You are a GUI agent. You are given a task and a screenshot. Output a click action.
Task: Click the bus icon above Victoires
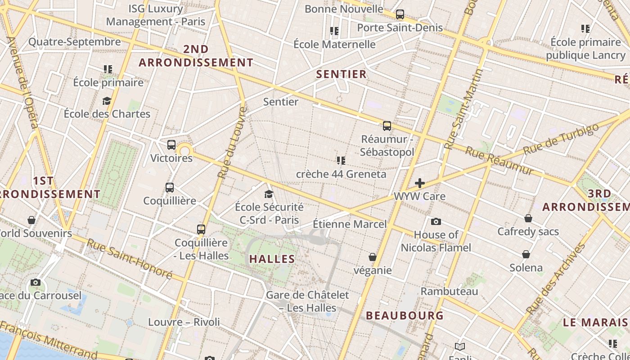pos(171,145)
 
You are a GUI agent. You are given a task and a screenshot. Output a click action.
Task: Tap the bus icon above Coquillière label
pos(170,188)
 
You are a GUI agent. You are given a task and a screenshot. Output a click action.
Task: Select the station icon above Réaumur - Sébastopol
pos(387,126)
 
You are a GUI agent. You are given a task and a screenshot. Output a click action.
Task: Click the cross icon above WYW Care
pos(420,183)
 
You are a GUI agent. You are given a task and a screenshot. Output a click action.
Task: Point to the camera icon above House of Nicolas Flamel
pos(436,221)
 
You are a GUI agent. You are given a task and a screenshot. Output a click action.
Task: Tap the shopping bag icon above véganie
pos(373,257)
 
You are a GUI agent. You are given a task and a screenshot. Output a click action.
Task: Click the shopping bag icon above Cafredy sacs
pos(528,218)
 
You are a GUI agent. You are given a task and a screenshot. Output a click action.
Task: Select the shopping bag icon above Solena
pos(526,254)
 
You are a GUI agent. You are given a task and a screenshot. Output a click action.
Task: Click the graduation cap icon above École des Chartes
pos(107,100)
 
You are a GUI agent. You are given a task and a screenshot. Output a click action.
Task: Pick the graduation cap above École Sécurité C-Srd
pos(269,194)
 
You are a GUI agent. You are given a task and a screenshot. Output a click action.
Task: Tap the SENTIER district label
pos(342,74)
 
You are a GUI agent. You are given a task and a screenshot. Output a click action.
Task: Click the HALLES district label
pos(272,259)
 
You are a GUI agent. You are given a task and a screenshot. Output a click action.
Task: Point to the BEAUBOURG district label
pos(405,315)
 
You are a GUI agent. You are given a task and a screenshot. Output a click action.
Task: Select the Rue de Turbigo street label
pos(561,138)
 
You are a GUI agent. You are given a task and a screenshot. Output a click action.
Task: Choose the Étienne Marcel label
pos(350,224)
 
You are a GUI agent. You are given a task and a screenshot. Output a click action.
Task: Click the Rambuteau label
pos(449,291)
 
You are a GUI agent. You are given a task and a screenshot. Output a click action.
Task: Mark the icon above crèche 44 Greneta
pos(341,160)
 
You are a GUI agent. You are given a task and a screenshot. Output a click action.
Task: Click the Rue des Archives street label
pos(557,279)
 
